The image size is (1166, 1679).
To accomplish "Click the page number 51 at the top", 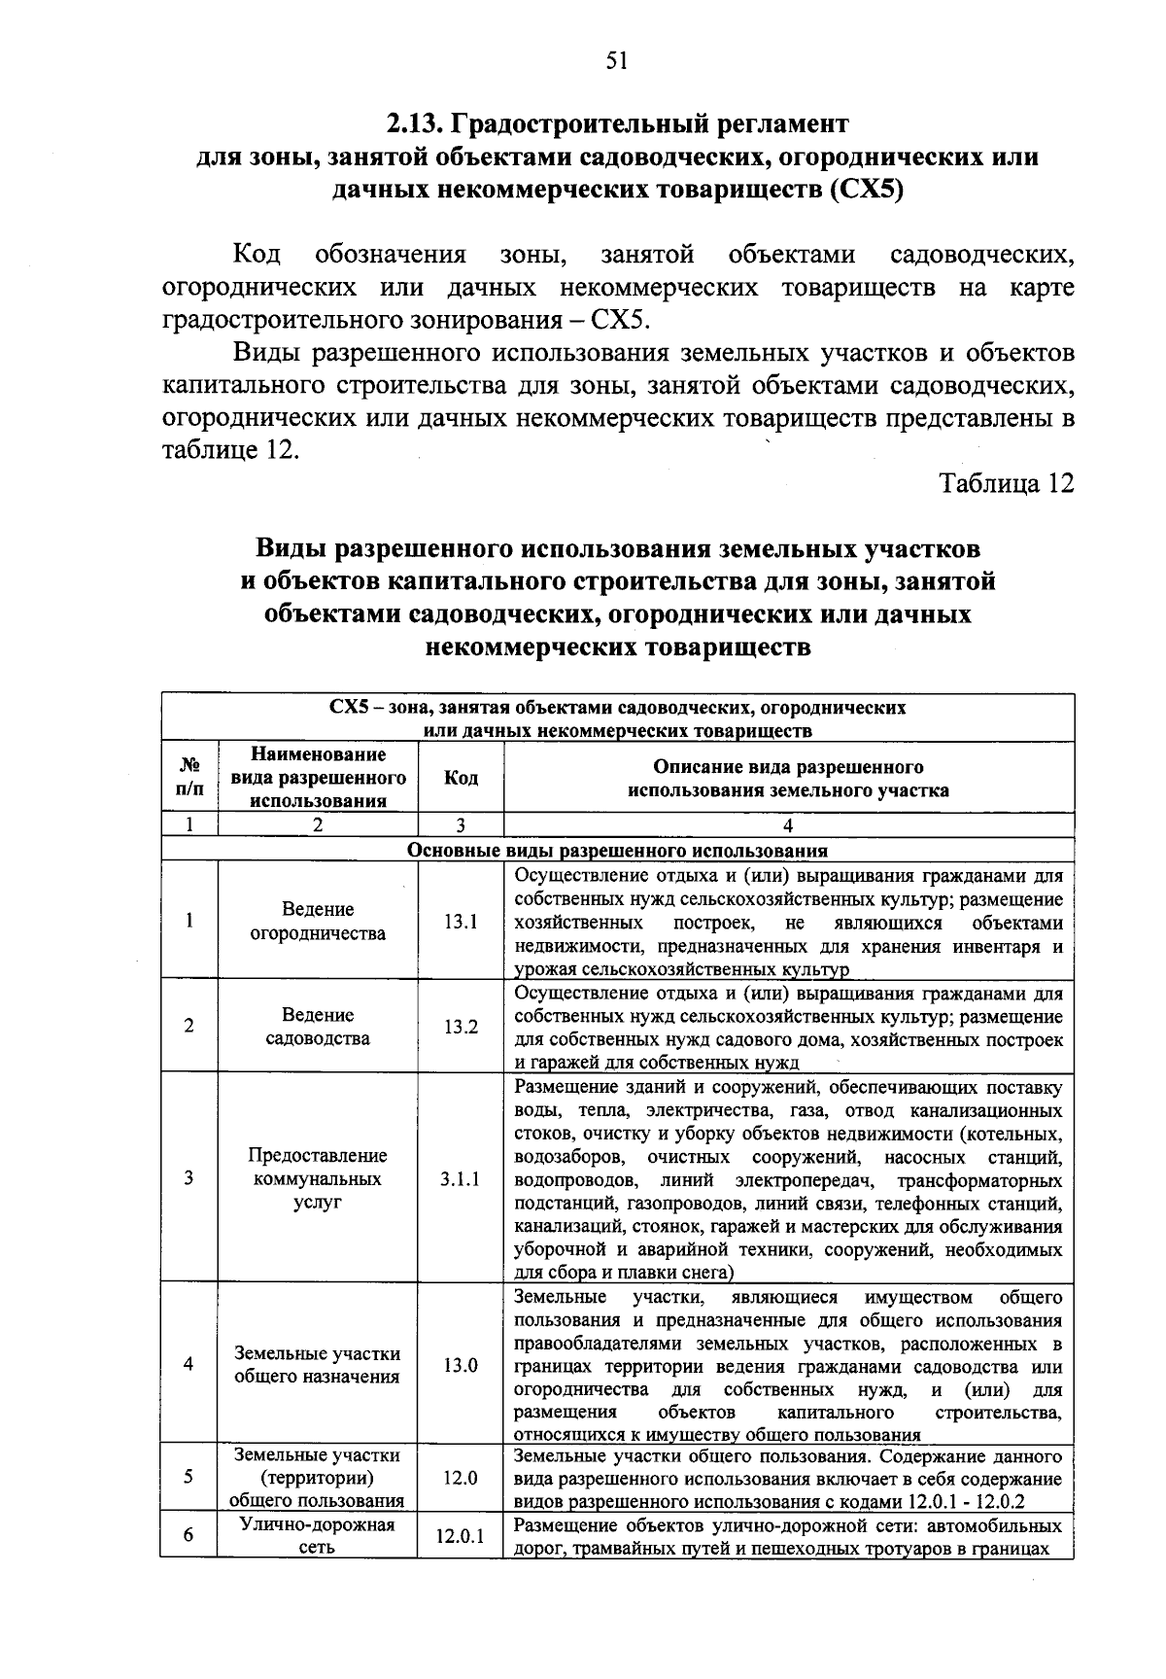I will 617,61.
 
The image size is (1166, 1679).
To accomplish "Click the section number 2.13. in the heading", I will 415,124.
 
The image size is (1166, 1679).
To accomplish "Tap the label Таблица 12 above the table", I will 1006,483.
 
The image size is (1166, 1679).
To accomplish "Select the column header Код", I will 461,778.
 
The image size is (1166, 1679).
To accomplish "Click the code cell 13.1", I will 461,922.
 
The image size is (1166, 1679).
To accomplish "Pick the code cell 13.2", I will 461,1027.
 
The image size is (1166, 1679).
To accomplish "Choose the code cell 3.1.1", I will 461,1178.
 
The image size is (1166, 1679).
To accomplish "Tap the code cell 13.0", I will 461,1365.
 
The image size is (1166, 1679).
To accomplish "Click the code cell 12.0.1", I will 461,1537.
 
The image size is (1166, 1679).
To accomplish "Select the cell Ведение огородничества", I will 318,922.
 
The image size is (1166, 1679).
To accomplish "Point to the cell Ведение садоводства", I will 318,1027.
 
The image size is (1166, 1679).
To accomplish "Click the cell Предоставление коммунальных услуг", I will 318,1178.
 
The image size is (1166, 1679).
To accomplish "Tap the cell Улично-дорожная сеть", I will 318,1536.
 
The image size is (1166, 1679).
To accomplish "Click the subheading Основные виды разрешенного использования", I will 617,851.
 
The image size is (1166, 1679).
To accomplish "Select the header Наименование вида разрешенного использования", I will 318,778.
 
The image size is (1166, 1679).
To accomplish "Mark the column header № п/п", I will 189,778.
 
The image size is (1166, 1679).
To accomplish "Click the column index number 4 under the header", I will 788,825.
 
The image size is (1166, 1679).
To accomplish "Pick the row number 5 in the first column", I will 189,1477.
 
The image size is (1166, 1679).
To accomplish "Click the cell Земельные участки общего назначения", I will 318,1365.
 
